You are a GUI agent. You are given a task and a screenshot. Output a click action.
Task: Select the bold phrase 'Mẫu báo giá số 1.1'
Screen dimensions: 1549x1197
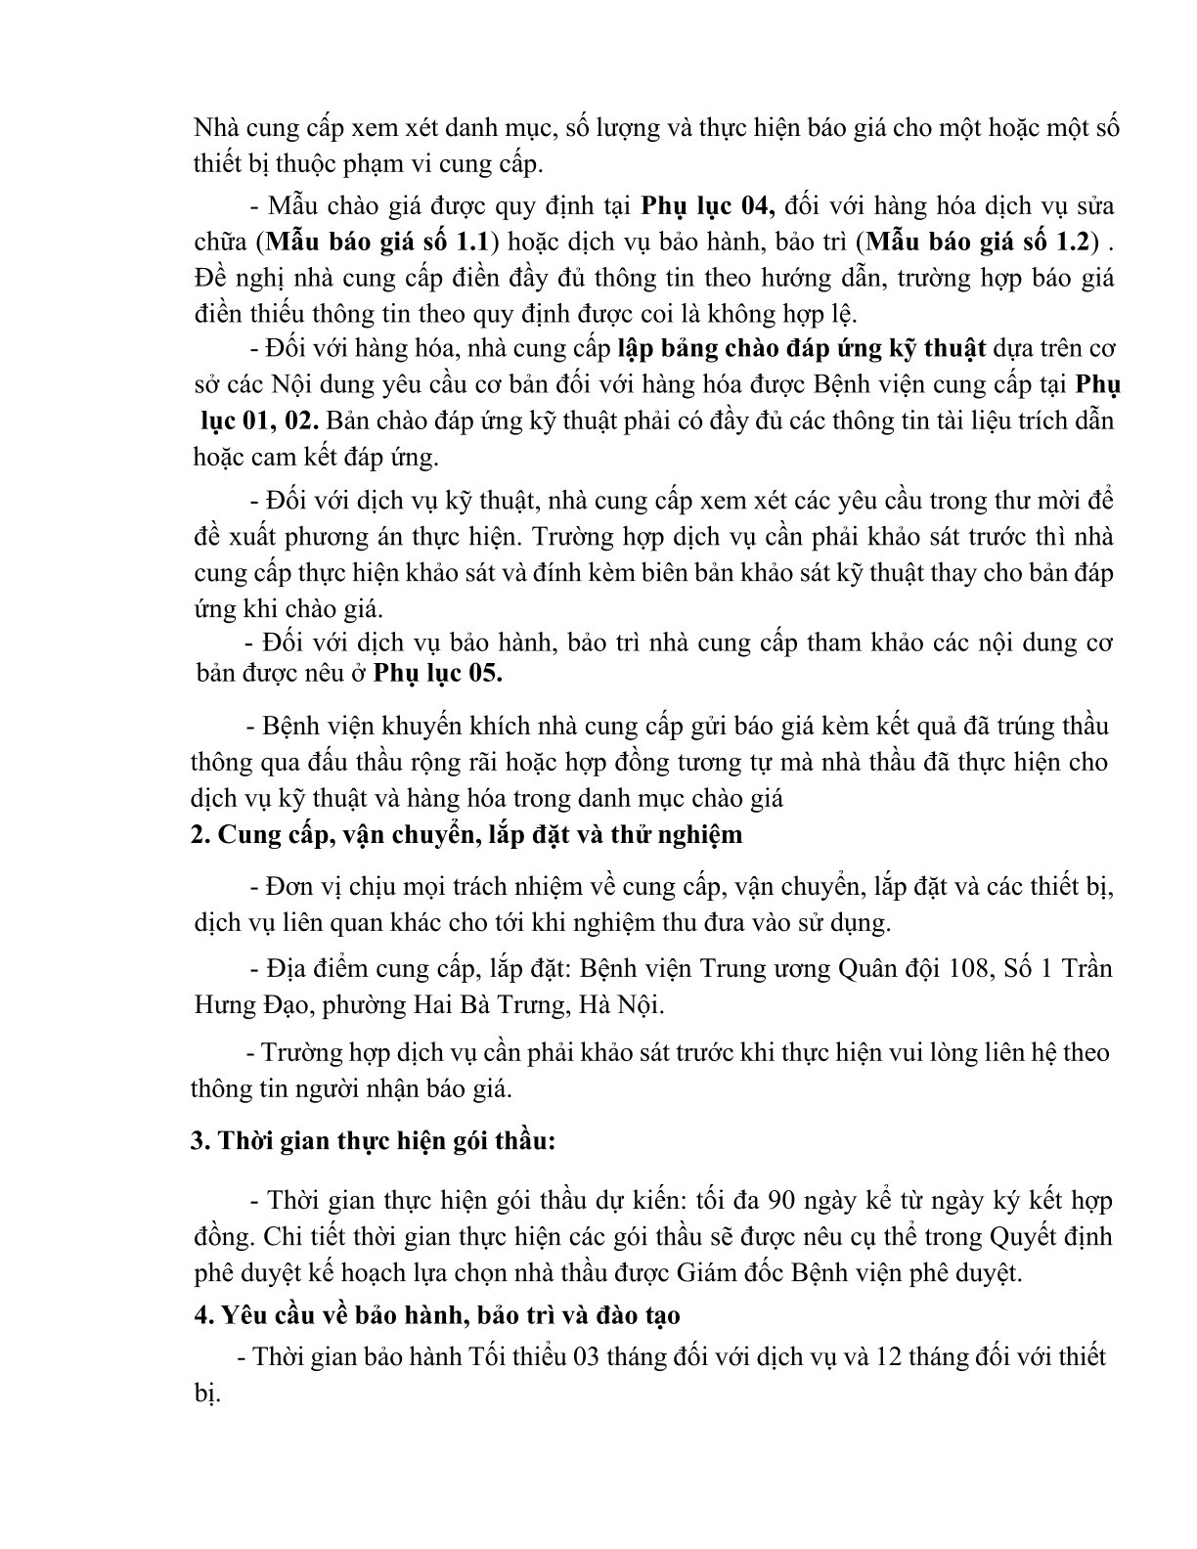pyautogui.click(x=377, y=241)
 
